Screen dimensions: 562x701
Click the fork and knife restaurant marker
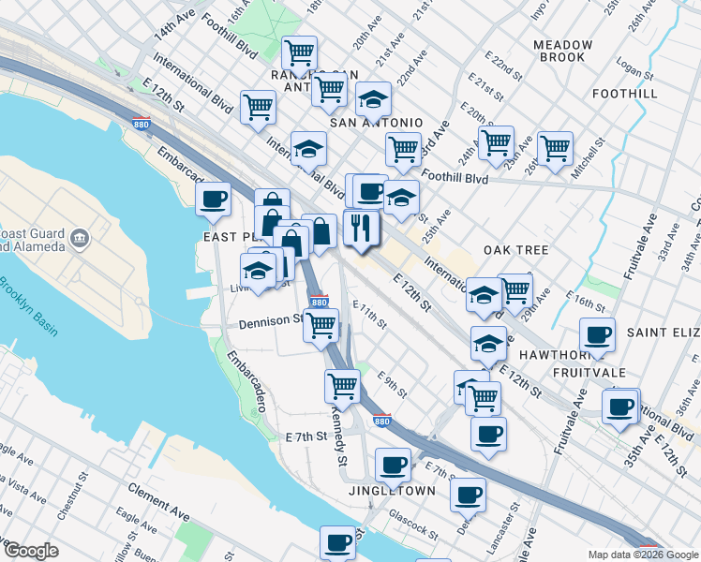pos(361,228)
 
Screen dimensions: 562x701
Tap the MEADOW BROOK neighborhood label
pos(562,51)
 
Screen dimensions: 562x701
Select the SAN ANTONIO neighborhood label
pos(375,123)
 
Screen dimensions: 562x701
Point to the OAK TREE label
pos(515,250)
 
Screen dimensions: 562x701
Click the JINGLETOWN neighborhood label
pos(392,491)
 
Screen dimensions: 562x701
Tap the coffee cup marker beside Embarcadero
pos(213,199)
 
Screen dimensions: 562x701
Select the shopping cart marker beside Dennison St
pos(321,326)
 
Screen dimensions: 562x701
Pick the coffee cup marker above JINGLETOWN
pos(393,464)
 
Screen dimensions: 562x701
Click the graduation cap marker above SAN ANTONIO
pos(373,99)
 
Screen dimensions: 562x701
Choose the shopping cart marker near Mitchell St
pos(555,148)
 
